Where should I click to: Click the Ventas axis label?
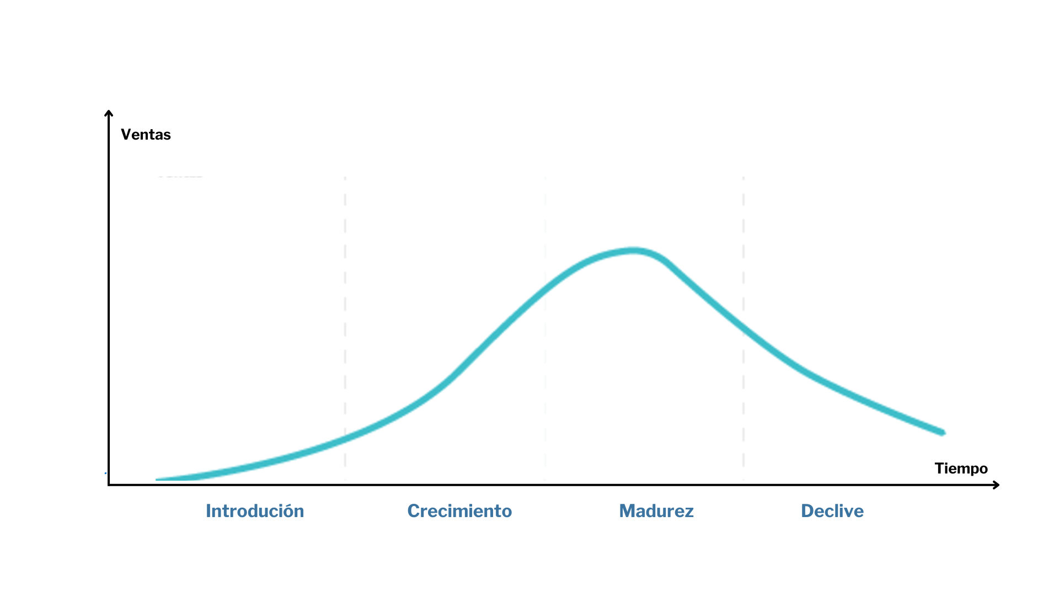tap(146, 135)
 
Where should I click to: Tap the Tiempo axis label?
tap(961, 469)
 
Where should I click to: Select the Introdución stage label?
tap(255, 511)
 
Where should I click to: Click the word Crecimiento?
tap(459, 511)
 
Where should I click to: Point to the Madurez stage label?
tap(656, 511)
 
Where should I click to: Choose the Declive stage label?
tap(832, 511)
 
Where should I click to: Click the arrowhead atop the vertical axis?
tap(109, 113)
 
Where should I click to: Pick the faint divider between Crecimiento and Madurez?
tap(545, 386)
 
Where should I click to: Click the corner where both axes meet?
tap(109, 485)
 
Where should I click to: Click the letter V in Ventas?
tap(126, 135)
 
